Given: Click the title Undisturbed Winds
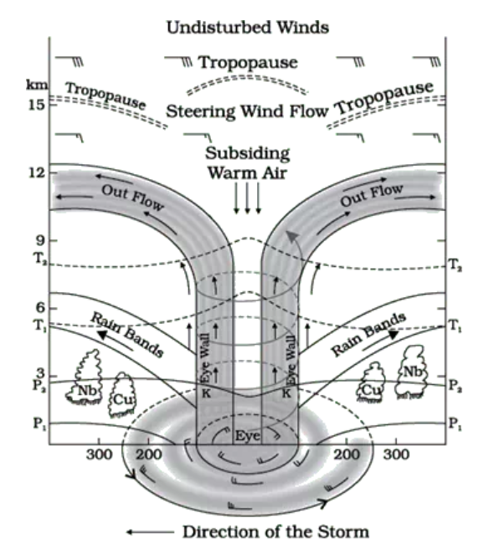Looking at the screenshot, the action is click(248, 28).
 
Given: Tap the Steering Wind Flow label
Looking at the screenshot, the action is click(247, 111).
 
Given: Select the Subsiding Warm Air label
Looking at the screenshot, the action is click(248, 163).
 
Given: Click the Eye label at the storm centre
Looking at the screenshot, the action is click(248, 436).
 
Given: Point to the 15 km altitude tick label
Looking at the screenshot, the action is click(37, 105).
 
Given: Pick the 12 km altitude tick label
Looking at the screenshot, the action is click(37, 172).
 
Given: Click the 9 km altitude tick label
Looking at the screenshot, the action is click(39, 240).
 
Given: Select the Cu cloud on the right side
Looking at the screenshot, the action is click(372, 382).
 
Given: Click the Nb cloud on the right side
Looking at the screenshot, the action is click(412, 372).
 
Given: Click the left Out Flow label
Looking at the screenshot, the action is click(132, 198).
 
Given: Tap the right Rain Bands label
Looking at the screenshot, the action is click(368, 335).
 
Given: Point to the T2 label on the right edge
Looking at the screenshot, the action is click(455, 265).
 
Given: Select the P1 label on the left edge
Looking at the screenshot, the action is click(39, 423).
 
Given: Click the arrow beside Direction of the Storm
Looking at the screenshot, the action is click(150, 532).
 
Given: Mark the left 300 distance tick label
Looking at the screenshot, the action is click(100, 454).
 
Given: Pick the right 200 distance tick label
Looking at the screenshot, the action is click(347, 454).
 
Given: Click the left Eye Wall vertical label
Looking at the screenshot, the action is click(206, 358).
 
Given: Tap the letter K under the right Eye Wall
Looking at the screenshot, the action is click(286, 393).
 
